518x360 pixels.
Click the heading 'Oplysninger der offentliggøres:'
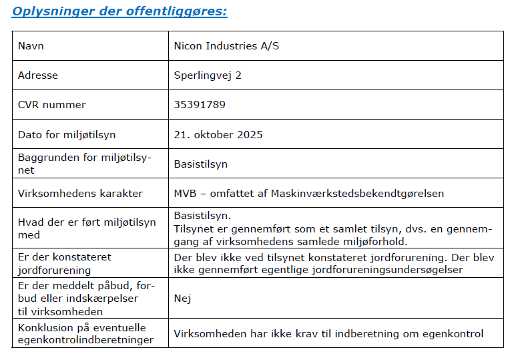click(x=119, y=11)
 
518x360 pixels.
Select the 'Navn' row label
click(x=31, y=46)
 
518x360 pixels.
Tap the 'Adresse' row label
click(x=38, y=75)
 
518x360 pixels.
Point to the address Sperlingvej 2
click(x=208, y=75)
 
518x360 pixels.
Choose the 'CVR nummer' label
click(x=52, y=105)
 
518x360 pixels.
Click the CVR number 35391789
click(x=200, y=105)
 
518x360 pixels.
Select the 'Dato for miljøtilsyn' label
click(x=67, y=134)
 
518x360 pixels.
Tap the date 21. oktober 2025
click(x=218, y=134)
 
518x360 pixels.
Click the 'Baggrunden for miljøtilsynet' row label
click(x=85, y=164)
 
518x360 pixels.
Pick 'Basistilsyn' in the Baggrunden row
click(x=201, y=164)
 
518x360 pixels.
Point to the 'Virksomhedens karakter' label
click(x=80, y=193)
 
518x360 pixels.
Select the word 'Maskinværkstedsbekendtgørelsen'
click(x=357, y=193)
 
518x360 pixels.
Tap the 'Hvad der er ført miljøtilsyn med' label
click(x=87, y=229)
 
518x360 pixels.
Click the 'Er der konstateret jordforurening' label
click(x=65, y=263)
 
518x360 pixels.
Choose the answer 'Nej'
click(x=182, y=298)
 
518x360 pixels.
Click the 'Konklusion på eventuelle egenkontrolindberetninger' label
click(x=81, y=333)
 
